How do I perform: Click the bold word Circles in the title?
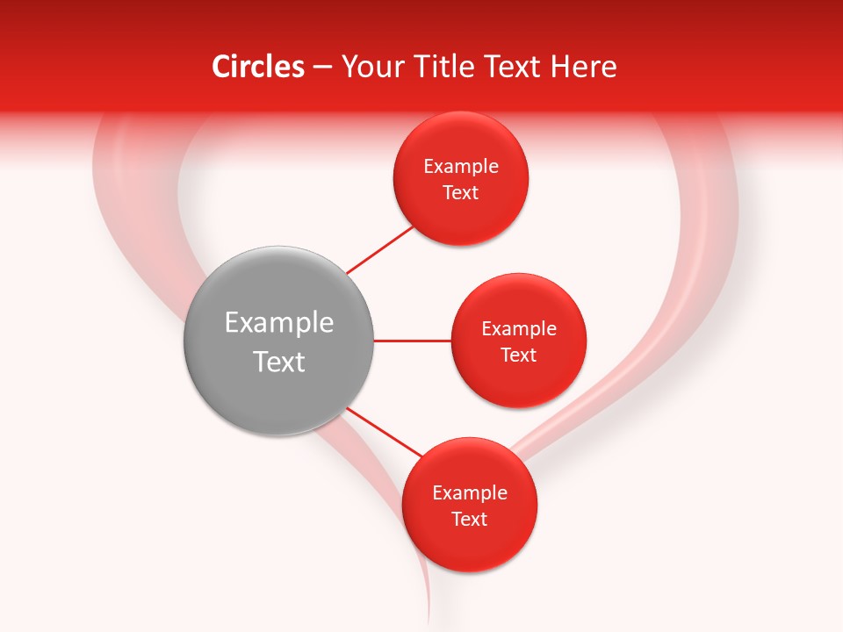pyautogui.click(x=257, y=67)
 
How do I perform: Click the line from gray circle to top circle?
pyautogui.click(x=380, y=248)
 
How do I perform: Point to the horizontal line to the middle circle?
pyautogui.click(x=412, y=341)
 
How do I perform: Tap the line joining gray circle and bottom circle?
pyautogui.click(x=384, y=432)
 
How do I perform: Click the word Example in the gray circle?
pyautogui.click(x=278, y=323)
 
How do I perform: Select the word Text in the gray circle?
pyautogui.click(x=278, y=362)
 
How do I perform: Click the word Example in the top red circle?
pyautogui.click(x=461, y=167)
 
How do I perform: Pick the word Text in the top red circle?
pyautogui.click(x=461, y=193)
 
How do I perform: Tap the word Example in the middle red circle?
pyautogui.click(x=519, y=329)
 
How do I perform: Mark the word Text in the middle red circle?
pyautogui.click(x=519, y=355)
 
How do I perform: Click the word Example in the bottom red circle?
pyautogui.click(x=470, y=493)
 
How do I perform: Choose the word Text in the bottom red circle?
pyautogui.click(x=470, y=520)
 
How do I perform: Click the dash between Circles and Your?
pyautogui.click(x=322, y=67)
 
